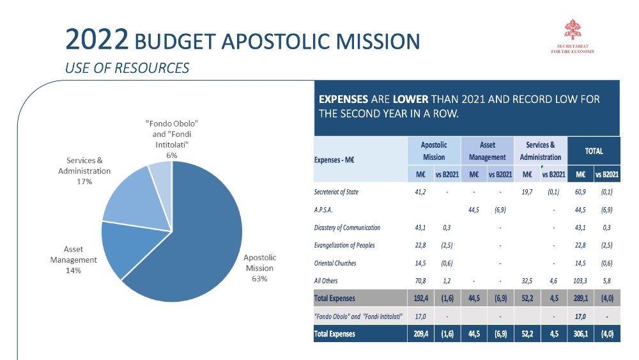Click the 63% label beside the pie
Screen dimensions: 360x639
(259, 279)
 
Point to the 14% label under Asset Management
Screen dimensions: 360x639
(73, 270)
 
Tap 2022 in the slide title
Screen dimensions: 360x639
(97, 41)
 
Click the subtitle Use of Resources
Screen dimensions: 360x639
(127, 68)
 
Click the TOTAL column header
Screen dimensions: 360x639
(594, 152)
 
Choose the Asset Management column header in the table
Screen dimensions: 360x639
(487, 151)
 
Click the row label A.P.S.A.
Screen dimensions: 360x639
(325, 210)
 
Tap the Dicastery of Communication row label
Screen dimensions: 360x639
(347, 228)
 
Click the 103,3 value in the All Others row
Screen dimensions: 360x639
(580, 281)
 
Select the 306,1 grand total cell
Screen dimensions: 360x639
(580, 334)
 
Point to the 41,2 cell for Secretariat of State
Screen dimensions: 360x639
(422, 192)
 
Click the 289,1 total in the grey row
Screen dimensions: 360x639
(580, 298)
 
